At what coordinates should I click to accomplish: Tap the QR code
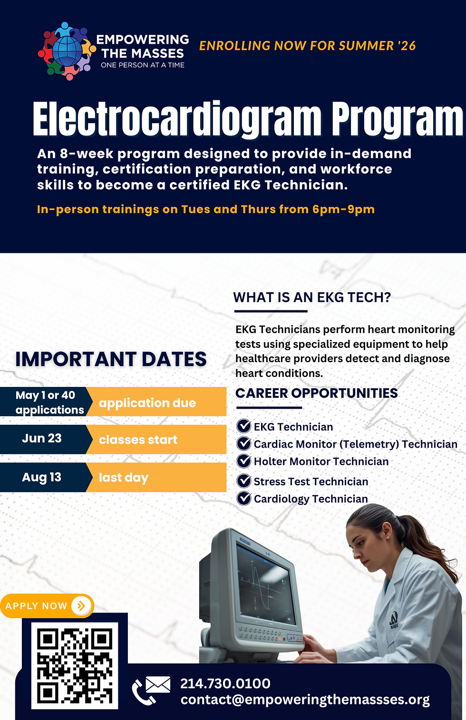(x=75, y=665)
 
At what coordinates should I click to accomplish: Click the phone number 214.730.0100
(x=225, y=683)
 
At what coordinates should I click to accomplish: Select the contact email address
(x=305, y=700)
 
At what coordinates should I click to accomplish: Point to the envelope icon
(x=158, y=684)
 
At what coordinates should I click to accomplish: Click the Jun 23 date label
(x=42, y=438)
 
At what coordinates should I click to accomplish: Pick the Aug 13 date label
(x=42, y=477)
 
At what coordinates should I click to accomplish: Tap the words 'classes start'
(x=138, y=440)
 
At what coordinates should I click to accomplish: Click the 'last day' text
(x=124, y=477)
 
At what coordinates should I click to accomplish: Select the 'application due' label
(x=147, y=403)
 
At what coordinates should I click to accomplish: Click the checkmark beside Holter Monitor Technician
(x=244, y=461)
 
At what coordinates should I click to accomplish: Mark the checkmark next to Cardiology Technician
(x=244, y=499)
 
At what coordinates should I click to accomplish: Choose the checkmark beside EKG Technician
(x=244, y=426)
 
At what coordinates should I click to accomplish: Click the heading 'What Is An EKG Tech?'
(x=312, y=298)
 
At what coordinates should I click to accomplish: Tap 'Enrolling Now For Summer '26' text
(x=308, y=46)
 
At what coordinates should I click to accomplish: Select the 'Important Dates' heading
(x=111, y=359)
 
